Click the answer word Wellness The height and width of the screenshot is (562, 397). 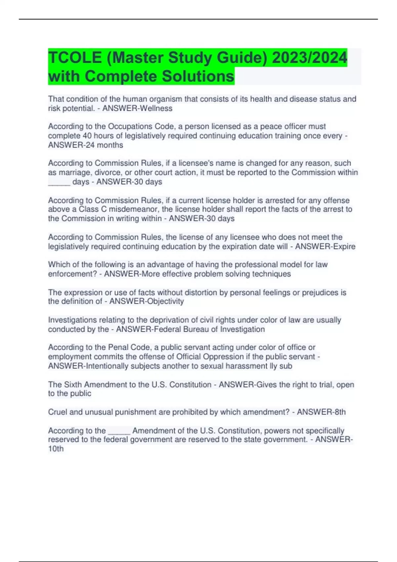[156, 108]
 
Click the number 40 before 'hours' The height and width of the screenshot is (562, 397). [87, 136]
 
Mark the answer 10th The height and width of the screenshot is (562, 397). [56, 449]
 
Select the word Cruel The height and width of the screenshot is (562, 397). [58, 412]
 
